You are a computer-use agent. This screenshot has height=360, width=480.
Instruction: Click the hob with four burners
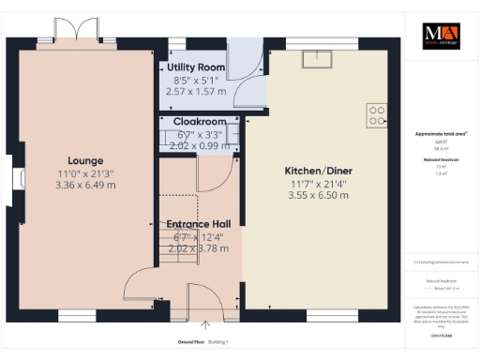point(377,113)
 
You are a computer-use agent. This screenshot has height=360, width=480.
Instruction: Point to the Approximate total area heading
point(441,134)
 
